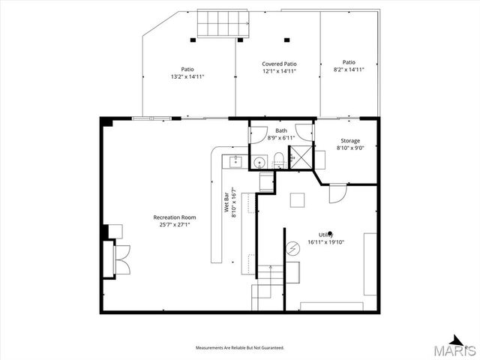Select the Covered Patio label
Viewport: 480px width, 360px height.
coord(279,64)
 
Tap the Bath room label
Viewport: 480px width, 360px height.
coord(281,131)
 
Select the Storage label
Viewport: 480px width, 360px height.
coord(350,141)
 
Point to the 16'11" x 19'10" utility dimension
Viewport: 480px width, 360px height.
coord(326,242)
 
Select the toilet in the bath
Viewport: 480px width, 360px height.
coord(278,159)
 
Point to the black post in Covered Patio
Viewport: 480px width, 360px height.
coord(286,40)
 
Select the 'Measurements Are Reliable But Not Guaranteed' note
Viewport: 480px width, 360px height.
coord(239,348)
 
